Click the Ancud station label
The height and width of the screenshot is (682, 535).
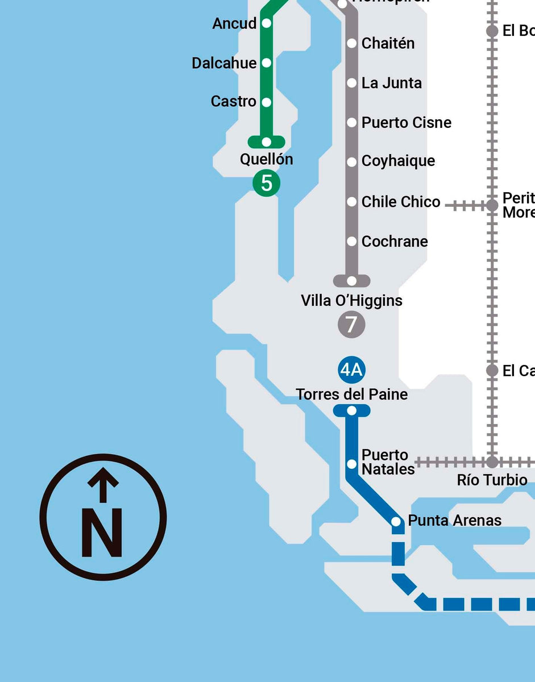[x=234, y=23]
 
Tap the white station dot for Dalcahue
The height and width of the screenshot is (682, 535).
[x=266, y=63]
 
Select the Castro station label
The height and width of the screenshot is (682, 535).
[x=233, y=102]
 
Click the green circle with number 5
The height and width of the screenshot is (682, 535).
[x=267, y=183]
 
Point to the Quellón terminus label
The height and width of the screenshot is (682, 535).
[x=267, y=159]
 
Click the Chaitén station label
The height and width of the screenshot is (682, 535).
[x=388, y=43]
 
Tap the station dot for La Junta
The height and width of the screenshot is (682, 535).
[x=352, y=83]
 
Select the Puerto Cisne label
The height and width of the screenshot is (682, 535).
[x=407, y=123]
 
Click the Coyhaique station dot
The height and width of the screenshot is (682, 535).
[x=352, y=162]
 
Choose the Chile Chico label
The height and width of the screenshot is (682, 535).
[x=401, y=202]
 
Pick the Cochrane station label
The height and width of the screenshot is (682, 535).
[x=395, y=242]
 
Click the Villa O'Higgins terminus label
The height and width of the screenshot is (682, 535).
[x=351, y=301]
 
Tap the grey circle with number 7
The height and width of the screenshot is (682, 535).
[x=351, y=325]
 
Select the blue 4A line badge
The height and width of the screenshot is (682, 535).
[x=351, y=370]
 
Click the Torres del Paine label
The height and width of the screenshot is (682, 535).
[x=351, y=394]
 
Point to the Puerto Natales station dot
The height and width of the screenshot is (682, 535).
[x=352, y=464]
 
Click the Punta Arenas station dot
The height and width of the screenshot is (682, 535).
[x=396, y=521]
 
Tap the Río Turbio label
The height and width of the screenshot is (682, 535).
[x=492, y=480]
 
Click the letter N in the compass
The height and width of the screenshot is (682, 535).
[x=102, y=533]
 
